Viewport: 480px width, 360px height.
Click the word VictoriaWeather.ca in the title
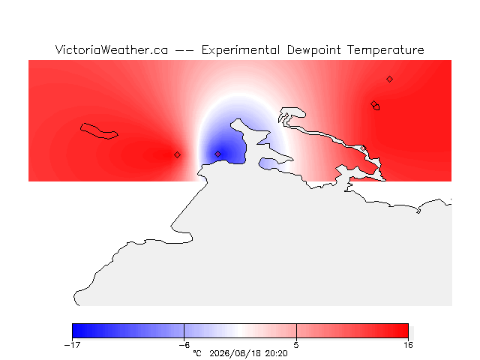(112, 50)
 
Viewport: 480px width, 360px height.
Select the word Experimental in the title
(241, 50)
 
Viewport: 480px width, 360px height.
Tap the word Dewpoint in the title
(313, 50)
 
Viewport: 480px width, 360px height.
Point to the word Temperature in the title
(385, 50)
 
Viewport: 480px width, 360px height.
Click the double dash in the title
(184, 50)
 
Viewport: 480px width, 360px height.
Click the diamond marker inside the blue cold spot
(217, 154)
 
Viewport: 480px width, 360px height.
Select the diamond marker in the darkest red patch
(177, 155)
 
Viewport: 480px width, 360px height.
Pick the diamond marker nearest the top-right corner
(389, 79)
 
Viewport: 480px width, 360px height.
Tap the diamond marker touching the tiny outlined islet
(373, 103)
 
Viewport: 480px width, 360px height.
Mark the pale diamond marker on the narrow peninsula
(363, 148)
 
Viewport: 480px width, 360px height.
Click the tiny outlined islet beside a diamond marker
(376, 107)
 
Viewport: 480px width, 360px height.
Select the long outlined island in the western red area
(99, 131)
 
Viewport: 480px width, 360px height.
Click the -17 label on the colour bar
(72, 345)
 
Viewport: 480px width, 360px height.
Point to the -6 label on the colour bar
(184, 345)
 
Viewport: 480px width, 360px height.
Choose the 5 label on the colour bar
(296, 345)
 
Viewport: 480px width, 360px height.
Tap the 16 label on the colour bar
(408, 345)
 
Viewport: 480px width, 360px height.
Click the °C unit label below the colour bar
(197, 353)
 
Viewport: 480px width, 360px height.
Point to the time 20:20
(277, 353)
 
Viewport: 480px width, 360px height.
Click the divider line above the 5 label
(296, 331)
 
